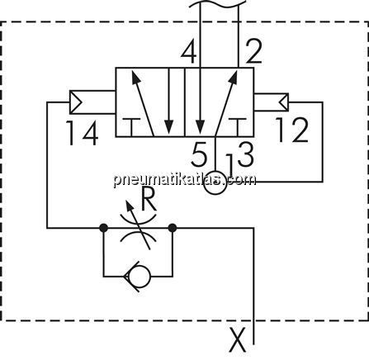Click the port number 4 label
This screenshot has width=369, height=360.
189,53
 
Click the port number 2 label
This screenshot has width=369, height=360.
253,53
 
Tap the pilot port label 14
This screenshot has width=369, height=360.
82,133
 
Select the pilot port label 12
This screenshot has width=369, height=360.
292,130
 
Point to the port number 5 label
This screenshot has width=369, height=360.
199,154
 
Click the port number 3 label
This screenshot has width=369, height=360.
245,154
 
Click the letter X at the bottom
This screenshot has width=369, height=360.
238,340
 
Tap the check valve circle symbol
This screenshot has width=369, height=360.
140,277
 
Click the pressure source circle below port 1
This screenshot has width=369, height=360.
215,183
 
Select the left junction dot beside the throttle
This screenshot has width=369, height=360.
103,228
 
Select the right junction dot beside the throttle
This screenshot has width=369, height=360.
173,228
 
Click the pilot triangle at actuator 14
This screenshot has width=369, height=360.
76,102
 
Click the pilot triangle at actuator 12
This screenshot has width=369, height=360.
284,102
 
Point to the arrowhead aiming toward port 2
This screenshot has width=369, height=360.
234,76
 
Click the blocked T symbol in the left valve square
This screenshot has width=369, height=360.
131,127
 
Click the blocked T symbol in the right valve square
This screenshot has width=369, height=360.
238,127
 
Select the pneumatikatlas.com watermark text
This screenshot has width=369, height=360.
185,180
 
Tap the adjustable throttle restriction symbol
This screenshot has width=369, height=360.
139,225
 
